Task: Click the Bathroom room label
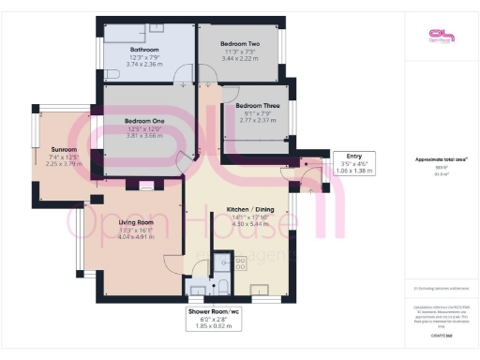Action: [x=144, y=50]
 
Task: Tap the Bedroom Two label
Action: [x=240, y=44]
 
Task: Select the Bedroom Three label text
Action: [x=255, y=106]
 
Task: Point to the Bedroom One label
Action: [x=144, y=120]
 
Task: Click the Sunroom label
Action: [x=65, y=149]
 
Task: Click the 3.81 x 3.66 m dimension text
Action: [x=144, y=136]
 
